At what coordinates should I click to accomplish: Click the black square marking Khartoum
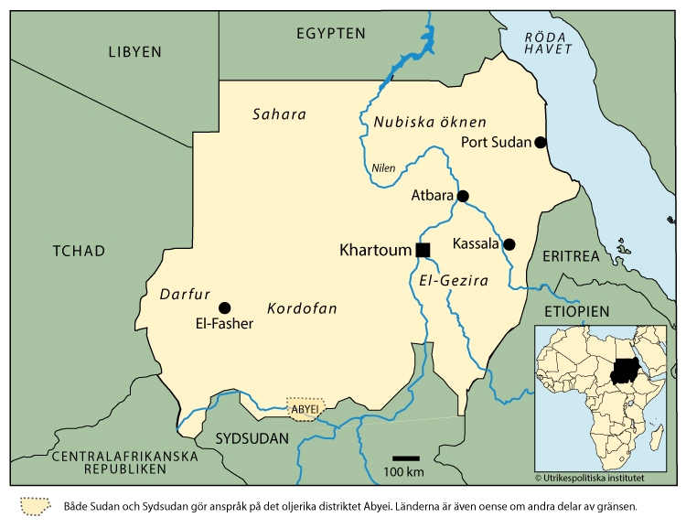(423, 250)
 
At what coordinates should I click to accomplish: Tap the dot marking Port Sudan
(541, 142)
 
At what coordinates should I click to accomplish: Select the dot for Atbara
(463, 196)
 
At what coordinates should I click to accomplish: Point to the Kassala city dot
(509, 244)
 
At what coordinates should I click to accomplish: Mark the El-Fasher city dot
(224, 307)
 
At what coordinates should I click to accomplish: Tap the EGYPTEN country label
(330, 34)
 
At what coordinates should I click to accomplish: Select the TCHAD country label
(79, 251)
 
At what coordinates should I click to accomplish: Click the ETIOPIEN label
(575, 312)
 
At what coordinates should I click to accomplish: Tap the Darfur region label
(185, 295)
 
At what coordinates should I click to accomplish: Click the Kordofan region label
(301, 309)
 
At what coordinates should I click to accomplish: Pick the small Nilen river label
(383, 168)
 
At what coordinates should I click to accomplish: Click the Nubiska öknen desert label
(429, 122)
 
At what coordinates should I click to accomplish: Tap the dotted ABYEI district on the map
(305, 409)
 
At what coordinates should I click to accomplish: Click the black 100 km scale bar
(405, 458)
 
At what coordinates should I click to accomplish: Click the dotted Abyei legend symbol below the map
(35, 506)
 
